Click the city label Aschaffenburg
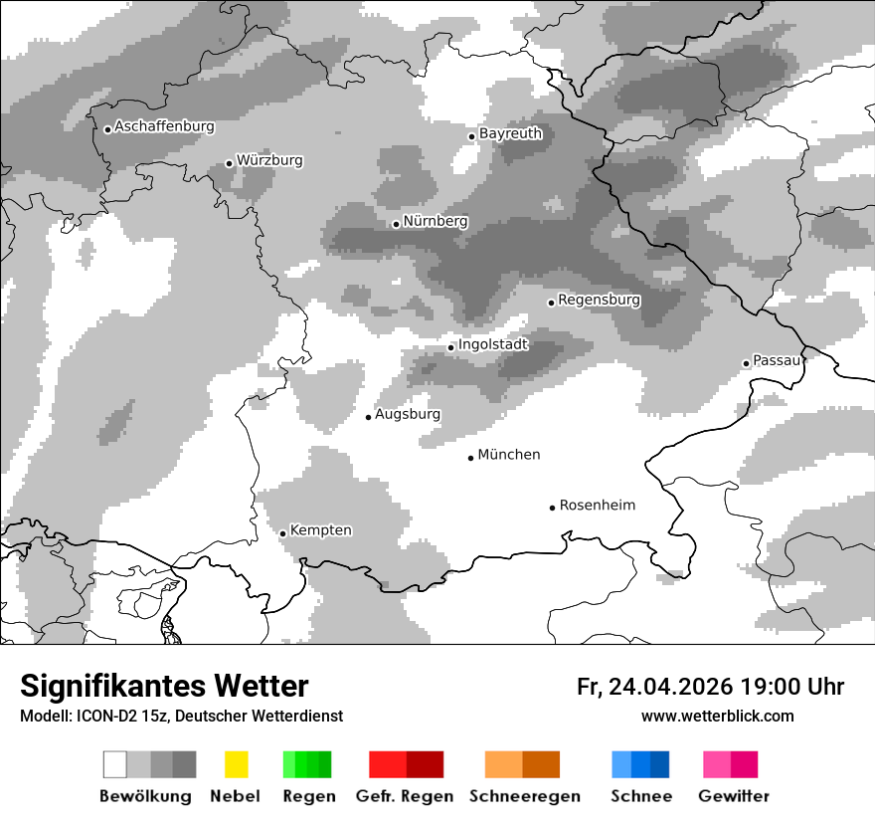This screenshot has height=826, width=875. (x=164, y=126)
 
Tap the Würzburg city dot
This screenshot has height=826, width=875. (x=229, y=163)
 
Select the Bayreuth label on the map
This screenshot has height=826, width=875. (x=510, y=133)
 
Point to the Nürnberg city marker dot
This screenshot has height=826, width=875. (x=396, y=224)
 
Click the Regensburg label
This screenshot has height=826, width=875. (x=599, y=300)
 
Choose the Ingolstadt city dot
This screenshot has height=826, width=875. (x=450, y=347)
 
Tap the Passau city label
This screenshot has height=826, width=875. (x=776, y=360)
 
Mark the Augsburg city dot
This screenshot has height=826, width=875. (x=368, y=417)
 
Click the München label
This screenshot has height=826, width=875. (x=509, y=455)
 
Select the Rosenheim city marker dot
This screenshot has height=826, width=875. (x=552, y=508)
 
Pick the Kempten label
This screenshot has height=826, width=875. (x=320, y=530)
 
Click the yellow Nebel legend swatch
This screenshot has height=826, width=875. (x=236, y=764)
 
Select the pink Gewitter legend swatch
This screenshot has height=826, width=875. (x=717, y=764)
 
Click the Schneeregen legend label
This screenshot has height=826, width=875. (x=524, y=796)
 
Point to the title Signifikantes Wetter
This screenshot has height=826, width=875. (x=164, y=686)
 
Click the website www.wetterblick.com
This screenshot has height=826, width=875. (x=717, y=716)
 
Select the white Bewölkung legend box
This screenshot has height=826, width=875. (x=115, y=764)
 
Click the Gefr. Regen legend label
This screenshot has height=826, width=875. (x=405, y=796)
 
